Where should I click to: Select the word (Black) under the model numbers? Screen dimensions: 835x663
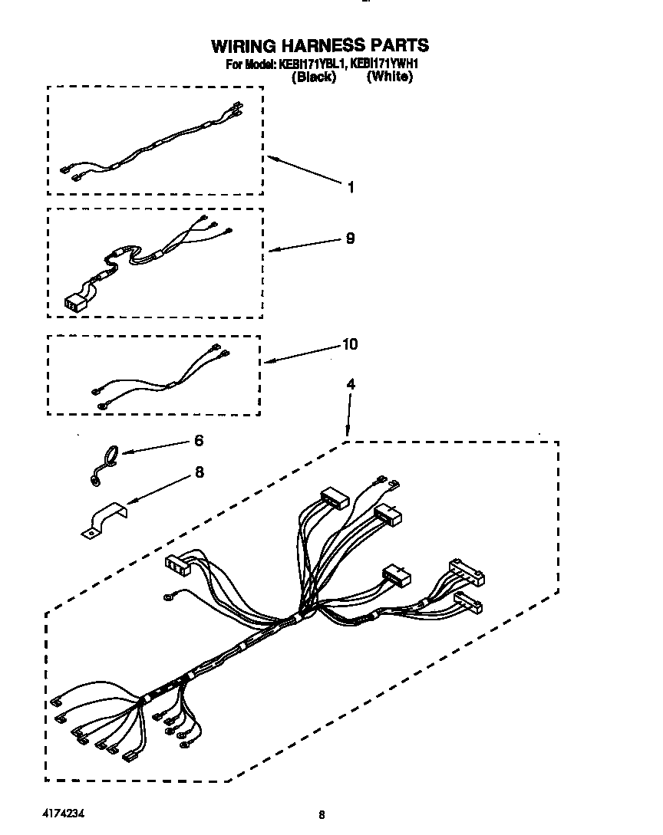313,77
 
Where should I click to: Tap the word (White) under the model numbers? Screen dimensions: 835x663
390,77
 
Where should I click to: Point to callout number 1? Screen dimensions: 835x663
351,187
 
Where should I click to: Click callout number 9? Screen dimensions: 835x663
350,238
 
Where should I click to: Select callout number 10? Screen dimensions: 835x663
349,344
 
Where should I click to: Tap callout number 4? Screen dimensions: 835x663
351,385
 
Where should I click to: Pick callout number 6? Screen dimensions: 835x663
199,441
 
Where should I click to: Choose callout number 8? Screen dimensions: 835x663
200,472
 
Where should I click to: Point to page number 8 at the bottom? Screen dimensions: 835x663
322,815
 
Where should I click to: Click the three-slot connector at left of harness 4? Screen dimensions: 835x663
177,565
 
